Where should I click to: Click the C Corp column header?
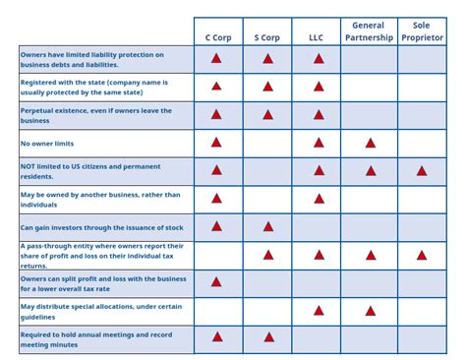pos(216,37)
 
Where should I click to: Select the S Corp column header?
pos(267,37)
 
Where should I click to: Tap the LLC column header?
pos(317,37)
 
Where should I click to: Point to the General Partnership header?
pos(370,31)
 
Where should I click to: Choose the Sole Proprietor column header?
pos(422,31)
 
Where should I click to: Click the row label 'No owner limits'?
pos(47,144)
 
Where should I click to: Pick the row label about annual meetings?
pos(95,339)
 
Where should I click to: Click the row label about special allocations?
pos(100,311)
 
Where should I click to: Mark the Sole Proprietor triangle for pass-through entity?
pos(422,255)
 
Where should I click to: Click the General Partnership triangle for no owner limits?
pos(371,143)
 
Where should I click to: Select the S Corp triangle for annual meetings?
pos(267,337)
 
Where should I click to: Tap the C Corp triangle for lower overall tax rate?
pos(216,282)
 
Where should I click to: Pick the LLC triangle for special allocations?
pos(319,311)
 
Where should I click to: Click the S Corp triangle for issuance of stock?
pos(267,227)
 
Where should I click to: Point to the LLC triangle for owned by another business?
pos(319,199)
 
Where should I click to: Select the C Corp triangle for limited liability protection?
pos(216,59)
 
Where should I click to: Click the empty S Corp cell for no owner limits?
pos(267,144)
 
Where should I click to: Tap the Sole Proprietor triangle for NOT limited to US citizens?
pos(422,171)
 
